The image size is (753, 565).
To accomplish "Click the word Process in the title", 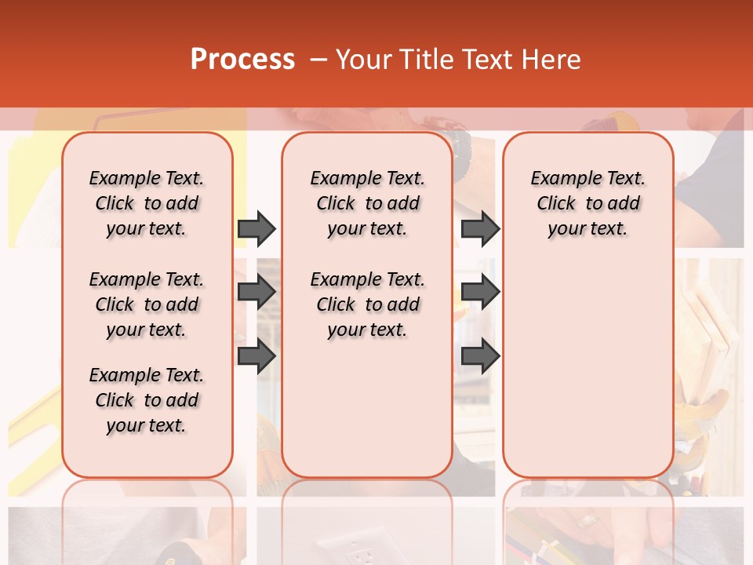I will click(x=242, y=60).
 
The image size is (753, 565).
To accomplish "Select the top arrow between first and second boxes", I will click(x=256, y=229).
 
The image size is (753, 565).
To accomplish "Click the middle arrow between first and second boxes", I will click(x=256, y=293).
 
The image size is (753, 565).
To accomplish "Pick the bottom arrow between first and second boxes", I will click(x=256, y=356).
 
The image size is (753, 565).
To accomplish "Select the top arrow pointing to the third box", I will click(x=480, y=229).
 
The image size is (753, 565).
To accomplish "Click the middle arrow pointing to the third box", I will click(x=480, y=293).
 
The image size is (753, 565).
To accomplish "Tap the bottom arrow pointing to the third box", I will click(x=480, y=356).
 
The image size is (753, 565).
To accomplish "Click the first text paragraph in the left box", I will click(x=147, y=203).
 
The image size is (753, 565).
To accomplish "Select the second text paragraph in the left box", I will click(x=147, y=304).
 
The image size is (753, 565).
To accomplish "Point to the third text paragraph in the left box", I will click(x=147, y=400).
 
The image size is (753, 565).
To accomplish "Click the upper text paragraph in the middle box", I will click(x=367, y=203).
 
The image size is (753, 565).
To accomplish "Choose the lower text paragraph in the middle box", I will click(x=367, y=304).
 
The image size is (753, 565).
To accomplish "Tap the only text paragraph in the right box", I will click(x=587, y=203).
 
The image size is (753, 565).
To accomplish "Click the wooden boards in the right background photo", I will click(x=711, y=330).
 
